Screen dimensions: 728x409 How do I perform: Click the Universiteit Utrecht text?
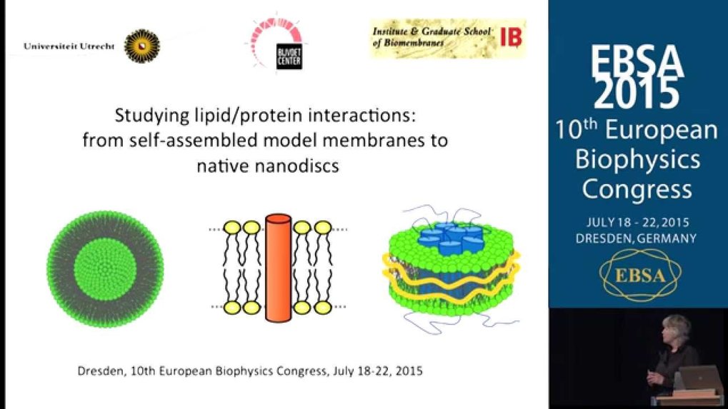coord(69,46)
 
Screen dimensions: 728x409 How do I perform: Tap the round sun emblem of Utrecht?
coord(142,46)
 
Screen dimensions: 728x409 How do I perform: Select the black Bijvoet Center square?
coord(289,57)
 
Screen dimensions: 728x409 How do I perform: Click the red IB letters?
coord(512,37)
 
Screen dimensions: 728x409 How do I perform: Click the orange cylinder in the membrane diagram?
coord(278,268)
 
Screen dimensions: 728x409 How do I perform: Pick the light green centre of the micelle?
coord(105,269)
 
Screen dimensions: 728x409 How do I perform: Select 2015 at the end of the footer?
coord(409,371)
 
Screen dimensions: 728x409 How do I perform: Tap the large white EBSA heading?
coord(637,61)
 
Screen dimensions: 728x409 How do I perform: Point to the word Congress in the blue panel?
coord(637,189)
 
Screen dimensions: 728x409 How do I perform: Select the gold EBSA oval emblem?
coord(640,275)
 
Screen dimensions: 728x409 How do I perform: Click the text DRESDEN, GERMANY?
coord(636,238)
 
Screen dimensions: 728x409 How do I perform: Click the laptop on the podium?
coord(699,378)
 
